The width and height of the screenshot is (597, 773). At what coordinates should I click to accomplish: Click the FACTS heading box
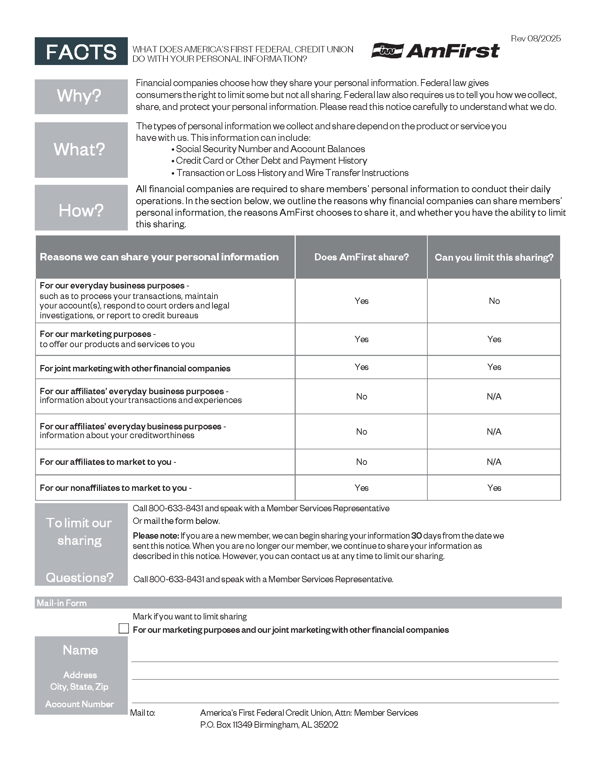pyautogui.click(x=81, y=51)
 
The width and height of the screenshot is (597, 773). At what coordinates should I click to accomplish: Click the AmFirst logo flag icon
pyautogui.click(x=387, y=51)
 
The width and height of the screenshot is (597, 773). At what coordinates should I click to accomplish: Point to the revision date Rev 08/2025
pyautogui.click(x=536, y=39)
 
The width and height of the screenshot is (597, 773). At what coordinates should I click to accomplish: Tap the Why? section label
pyautogui.click(x=79, y=96)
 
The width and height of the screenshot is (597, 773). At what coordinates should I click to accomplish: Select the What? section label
pyautogui.click(x=80, y=149)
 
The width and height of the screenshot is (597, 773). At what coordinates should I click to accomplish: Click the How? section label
pyautogui.click(x=81, y=210)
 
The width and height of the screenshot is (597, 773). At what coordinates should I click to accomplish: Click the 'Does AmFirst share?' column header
pyautogui.click(x=361, y=257)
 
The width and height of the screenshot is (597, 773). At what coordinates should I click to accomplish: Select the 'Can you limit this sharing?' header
pyautogui.click(x=494, y=257)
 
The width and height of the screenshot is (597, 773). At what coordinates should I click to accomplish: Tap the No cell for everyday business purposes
pyautogui.click(x=494, y=301)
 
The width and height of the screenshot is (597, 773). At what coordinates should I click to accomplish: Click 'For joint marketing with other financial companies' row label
pyautogui.click(x=135, y=369)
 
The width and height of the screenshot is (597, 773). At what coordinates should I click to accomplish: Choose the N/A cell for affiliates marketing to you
pyautogui.click(x=494, y=462)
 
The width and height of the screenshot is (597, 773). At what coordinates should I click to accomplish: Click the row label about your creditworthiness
pyautogui.click(x=133, y=430)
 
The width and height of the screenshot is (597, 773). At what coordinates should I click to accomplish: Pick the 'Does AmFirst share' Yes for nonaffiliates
pyautogui.click(x=361, y=488)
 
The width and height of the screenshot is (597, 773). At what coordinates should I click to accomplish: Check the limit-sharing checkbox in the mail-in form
pyautogui.click(x=124, y=628)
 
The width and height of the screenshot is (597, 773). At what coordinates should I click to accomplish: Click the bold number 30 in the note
pyautogui.click(x=416, y=535)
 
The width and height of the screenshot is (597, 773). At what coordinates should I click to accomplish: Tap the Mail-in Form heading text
pyautogui.click(x=61, y=603)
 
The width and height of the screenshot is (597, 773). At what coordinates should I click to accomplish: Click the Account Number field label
pyautogui.click(x=80, y=704)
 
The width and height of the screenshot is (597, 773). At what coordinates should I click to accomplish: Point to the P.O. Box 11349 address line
pyautogui.click(x=269, y=725)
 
